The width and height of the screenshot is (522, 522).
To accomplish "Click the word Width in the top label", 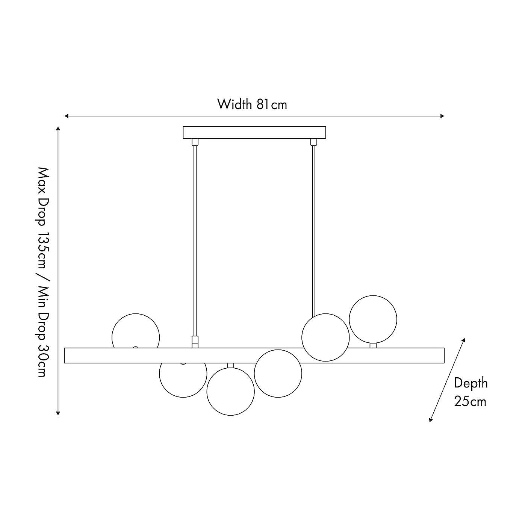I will point(235,104).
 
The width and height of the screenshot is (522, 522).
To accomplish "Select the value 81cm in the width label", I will point(272,104).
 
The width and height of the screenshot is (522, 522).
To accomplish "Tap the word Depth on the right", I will point(471,383).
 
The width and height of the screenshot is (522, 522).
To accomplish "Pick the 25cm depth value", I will point(470,401).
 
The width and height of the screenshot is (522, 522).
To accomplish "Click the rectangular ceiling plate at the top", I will point(254,132).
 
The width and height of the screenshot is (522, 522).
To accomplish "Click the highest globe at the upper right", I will point(372,319).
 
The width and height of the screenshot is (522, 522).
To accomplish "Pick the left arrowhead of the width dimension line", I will point(66,116).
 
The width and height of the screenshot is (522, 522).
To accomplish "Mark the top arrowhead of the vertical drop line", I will point(58,129).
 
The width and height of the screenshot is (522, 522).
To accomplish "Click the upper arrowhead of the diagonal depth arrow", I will point(464,340).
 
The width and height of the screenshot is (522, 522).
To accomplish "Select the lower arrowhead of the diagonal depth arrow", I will point(431,420).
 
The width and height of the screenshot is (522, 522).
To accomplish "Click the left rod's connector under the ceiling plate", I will point(195,142).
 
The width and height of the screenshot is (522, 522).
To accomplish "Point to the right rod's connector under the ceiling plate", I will point(313,142).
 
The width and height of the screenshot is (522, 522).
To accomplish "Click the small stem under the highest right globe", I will point(372,345).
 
